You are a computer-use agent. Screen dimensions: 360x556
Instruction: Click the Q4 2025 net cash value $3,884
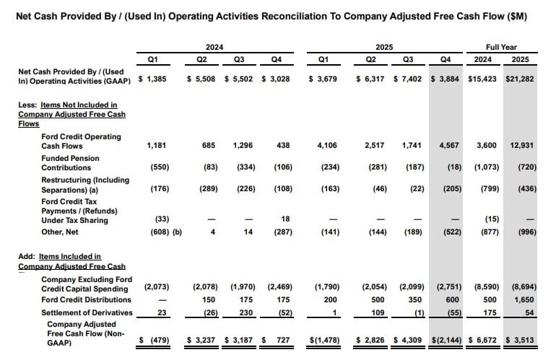[447, 79]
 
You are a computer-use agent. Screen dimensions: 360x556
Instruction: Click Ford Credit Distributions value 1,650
[524, 299]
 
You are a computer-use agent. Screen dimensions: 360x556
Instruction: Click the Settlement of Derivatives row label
[87, 312]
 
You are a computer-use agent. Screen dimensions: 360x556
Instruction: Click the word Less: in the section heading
[28, 105]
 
